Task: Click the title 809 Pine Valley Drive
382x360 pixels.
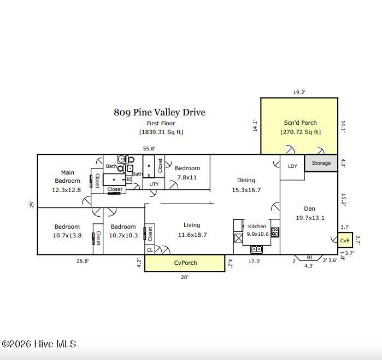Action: (x=160, y=112)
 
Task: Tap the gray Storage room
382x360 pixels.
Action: (x=321, y=163)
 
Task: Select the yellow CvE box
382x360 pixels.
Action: (x=345, y=240)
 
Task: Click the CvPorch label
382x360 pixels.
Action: (x=185, y=263)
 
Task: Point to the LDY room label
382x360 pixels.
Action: (x=292, y=166)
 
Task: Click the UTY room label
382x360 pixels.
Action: (x=154, y=184)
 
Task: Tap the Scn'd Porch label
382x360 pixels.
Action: (x=300, y=123)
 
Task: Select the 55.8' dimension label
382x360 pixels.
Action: (x=149, y=148)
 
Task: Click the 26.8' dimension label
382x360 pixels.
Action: (x=83, y=261)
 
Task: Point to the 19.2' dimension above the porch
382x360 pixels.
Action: (x=299, y=92)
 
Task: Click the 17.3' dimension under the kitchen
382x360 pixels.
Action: (x=254, y=262)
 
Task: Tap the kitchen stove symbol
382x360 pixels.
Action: (x=275, y=232)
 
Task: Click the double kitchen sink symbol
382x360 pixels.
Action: (x=256, y=249)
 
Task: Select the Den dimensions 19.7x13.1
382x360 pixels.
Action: (x=310, y=218)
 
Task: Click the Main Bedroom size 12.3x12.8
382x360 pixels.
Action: (x=66, y=190)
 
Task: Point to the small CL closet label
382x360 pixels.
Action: (x=150, y=249)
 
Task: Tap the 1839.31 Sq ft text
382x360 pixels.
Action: (x=161, y=132)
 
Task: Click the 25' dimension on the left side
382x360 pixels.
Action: (x=32, y=205)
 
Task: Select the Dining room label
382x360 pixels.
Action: (x=246, y=180)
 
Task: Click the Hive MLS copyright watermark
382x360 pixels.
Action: (x=39, y=344)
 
